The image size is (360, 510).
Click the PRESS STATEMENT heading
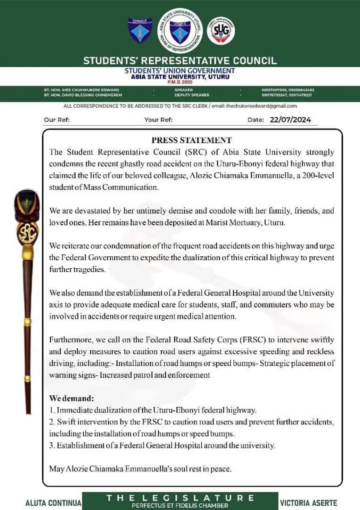pyautogui.click(x=191, y=141)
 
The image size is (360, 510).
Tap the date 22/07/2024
pyautogui.click(x=290, y=120)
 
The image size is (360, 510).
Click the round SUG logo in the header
pyautogui.click(x=220, y=31)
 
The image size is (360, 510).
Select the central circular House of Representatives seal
pyautogui.click(x=180, y=31)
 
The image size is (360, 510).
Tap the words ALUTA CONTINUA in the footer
pyautogui.click(x=53, y=502)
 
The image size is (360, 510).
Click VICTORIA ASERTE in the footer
pyautogui.click(x=308, y=502)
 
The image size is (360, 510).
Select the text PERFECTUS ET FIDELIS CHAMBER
pyautogui.click(x=179, y=505)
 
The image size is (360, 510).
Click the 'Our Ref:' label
pyautogui.click(x=56, y=120)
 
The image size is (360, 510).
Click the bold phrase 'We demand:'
pyautogui.click(x=71, y=398)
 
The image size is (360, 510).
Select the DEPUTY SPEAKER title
pyautogui.click(x=192, y=95)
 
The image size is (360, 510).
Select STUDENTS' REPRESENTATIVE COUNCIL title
pyautogui.click(x=179, y=61)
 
